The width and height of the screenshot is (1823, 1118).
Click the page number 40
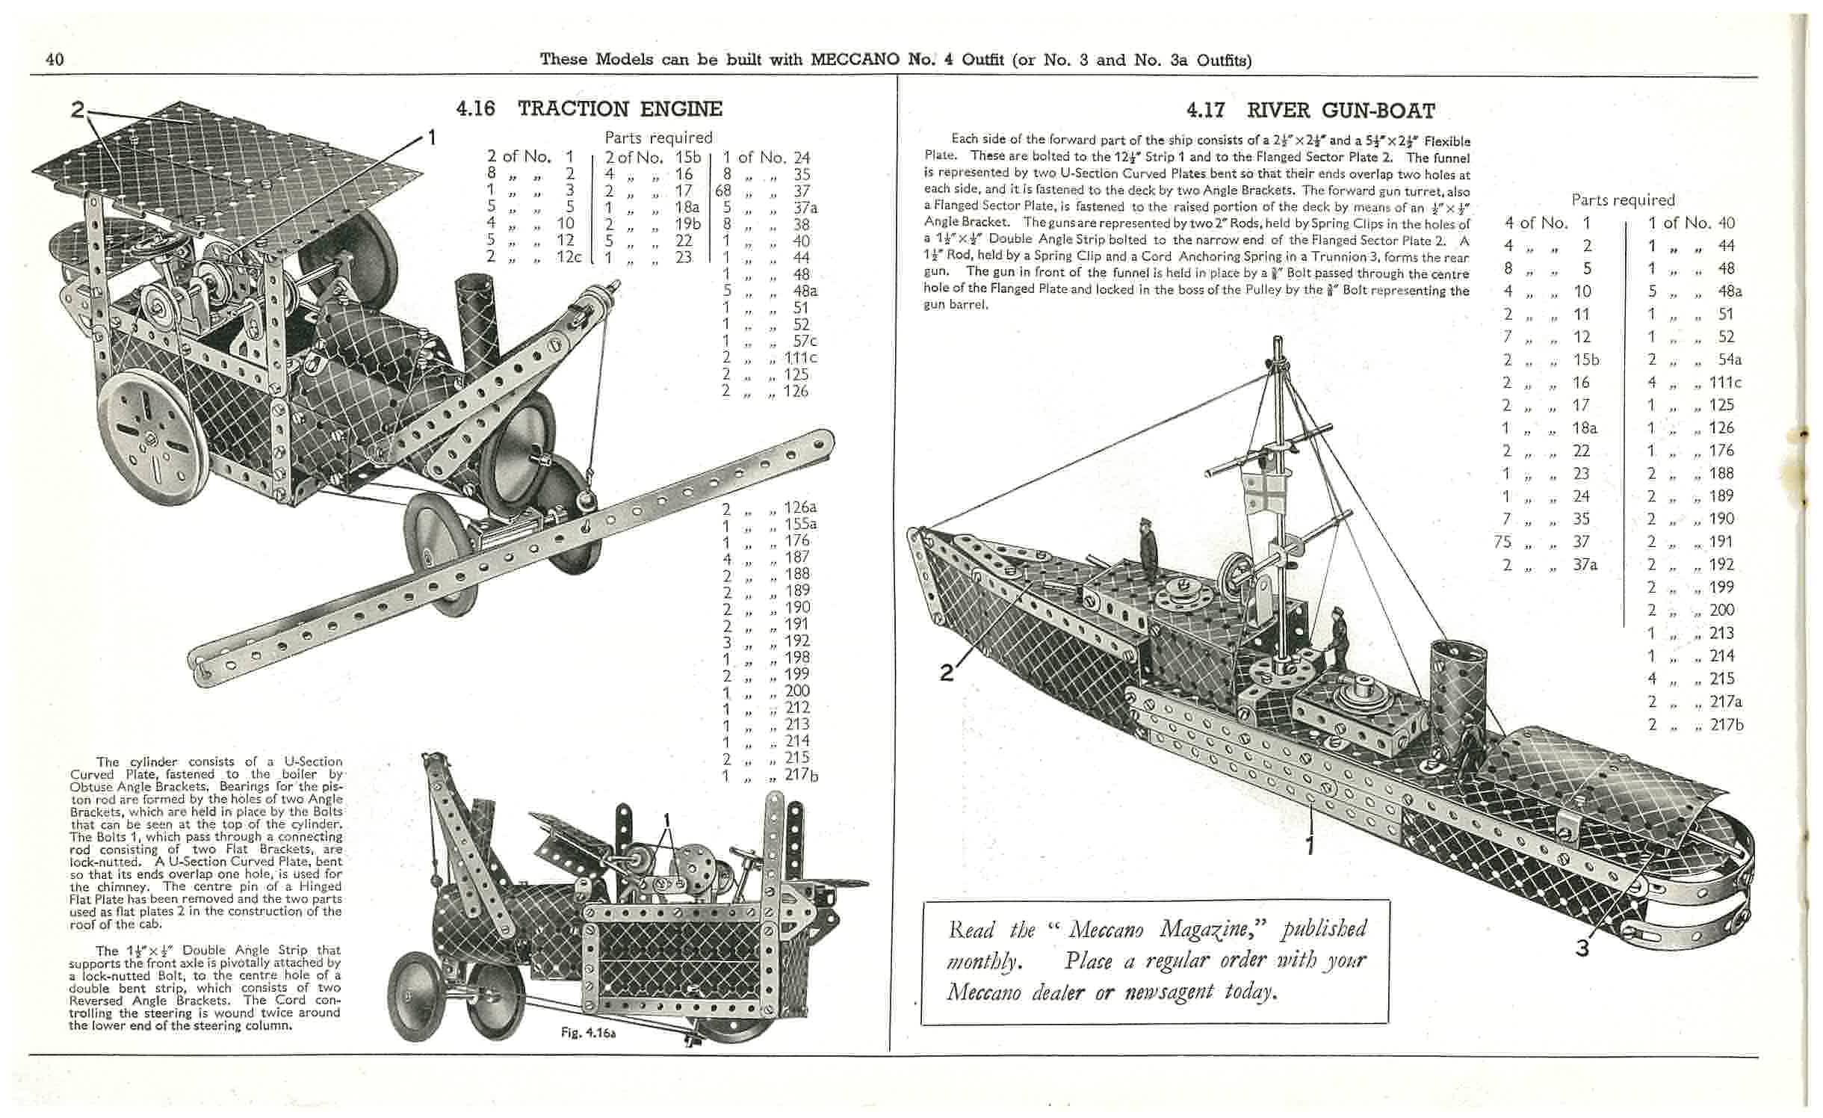[55, 60]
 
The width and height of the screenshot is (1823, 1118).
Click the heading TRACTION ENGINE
[619, 109]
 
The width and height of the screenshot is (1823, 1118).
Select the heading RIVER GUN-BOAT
[1340, 111]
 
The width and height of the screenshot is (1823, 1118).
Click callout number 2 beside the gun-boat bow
[947, 673]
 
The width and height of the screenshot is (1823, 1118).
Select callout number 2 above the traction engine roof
[78, 110]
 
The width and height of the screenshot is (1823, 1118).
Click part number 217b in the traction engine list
[802, 775]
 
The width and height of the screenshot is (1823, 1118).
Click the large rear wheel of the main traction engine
[152, 439]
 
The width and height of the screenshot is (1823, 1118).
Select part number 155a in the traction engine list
[800, 524]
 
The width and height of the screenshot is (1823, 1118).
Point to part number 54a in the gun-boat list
[1726, 359]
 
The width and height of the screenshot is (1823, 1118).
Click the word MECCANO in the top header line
[855, 59]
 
